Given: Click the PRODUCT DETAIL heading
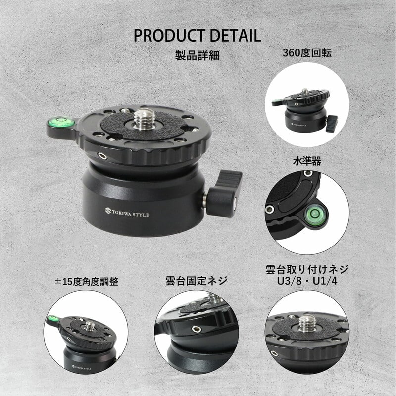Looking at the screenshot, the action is [197, 35].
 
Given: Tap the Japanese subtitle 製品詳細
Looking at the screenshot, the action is [197, 55].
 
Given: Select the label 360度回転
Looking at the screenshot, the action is [306, 53].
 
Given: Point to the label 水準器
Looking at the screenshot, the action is [307, 161].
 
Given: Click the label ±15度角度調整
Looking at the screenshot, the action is [86, 281].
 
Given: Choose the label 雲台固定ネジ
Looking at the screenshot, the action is [196, 281].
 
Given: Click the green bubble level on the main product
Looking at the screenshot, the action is [61, 122].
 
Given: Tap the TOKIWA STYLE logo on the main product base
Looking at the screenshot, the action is [127, 213].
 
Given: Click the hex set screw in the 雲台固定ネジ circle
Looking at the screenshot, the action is [196, 329].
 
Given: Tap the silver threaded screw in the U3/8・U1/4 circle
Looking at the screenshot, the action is [305, 323].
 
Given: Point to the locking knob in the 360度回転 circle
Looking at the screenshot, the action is [331, 123].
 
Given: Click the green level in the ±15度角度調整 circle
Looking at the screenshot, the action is [53, 318].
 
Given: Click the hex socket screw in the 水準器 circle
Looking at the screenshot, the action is [270, 209].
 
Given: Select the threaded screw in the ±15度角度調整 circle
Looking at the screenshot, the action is [89, 327].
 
